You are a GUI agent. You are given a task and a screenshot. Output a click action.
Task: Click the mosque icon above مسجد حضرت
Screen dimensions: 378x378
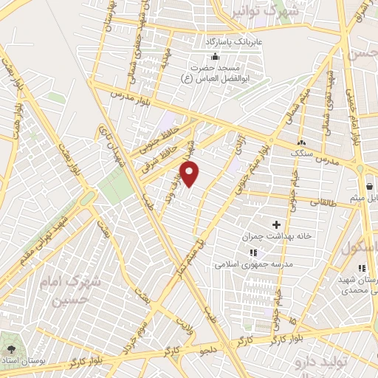215,58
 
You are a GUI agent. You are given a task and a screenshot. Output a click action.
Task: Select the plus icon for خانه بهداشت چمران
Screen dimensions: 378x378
277,224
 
